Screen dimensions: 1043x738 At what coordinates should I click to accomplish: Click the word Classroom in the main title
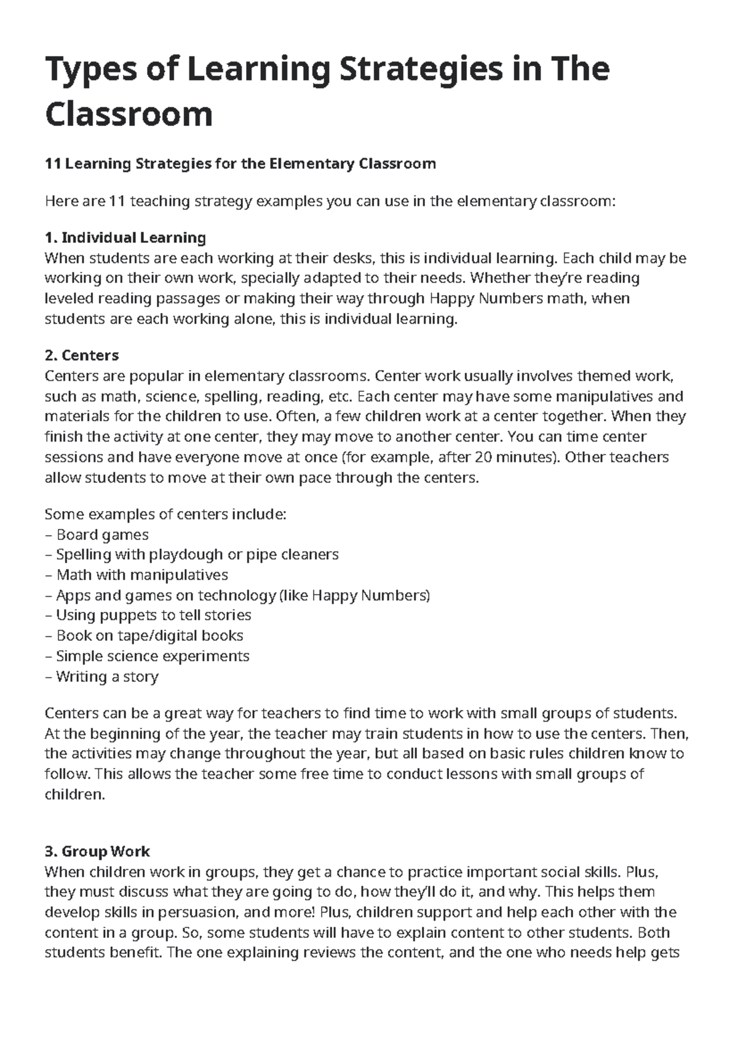coord(129,114)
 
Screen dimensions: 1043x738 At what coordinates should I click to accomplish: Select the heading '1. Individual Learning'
coord(125,237)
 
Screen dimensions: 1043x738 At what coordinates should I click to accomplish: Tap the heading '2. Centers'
coord(82,355)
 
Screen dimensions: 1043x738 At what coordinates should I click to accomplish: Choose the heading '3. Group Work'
coord(97,852)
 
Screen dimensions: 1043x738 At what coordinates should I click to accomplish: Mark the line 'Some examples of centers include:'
coord(165,514)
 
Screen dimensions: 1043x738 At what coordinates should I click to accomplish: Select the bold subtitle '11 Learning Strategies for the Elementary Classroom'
coord(240,164)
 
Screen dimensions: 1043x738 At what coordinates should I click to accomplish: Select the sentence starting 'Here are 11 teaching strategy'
coord(330,201)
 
